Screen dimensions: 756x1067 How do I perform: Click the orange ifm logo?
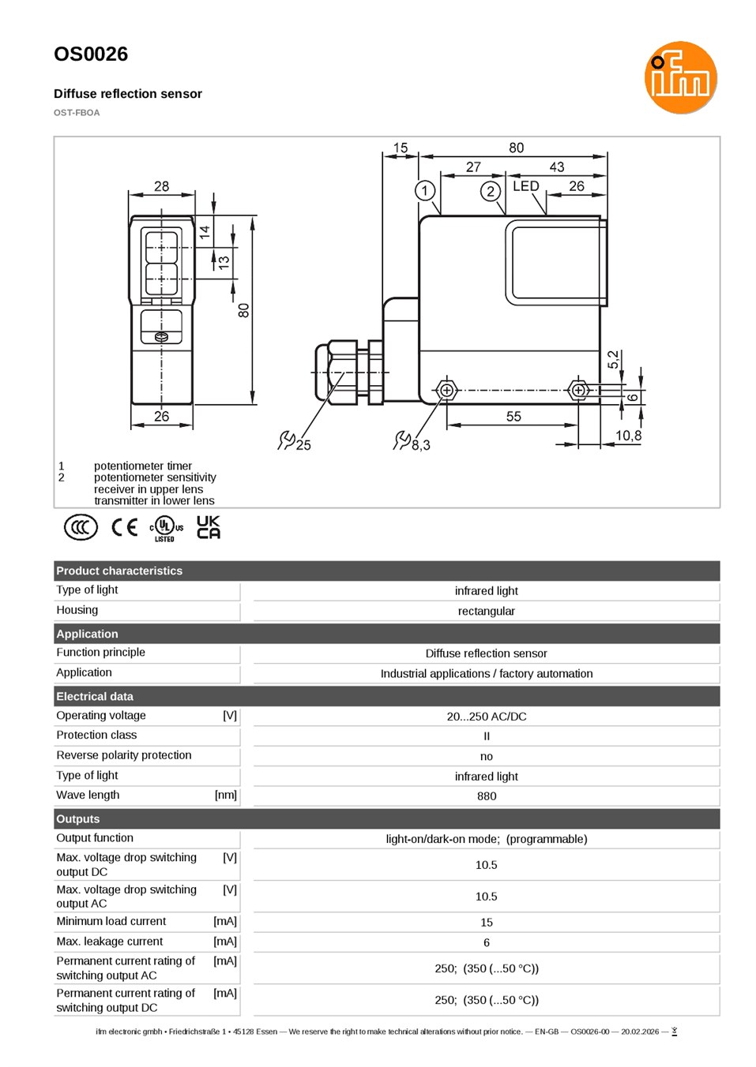point(680,77)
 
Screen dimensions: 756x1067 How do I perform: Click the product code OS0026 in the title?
point(91,54)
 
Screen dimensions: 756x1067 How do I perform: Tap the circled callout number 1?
point(424,191)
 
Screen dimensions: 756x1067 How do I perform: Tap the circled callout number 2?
point(490,191)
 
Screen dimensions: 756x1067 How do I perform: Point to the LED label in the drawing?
point(526,185)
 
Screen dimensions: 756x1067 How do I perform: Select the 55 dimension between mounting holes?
point(513,417)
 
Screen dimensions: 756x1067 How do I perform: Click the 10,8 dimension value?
point(628,436)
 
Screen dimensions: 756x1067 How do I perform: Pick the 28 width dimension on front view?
point(162,186)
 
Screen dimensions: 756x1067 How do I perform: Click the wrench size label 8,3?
point(420,445)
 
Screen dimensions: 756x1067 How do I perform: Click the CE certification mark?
point(124,527)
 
